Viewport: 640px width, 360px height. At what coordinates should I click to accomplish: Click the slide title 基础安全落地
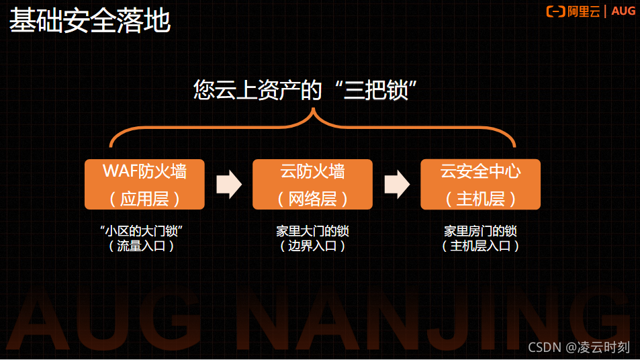click(89, 21)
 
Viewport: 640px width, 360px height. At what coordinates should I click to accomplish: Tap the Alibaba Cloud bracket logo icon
click(556, 11)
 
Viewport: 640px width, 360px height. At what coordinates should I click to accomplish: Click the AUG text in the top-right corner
click(623, 11)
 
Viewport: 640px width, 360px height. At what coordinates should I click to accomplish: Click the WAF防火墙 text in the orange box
click(144, 172)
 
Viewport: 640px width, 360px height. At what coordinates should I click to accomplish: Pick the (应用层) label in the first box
click(144, 198)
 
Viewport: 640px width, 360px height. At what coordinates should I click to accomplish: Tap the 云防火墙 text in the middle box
click(312, 172)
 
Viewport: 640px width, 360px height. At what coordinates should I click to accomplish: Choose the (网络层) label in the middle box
click(312, 198)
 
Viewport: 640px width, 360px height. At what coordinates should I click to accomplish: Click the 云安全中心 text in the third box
click(480, 172)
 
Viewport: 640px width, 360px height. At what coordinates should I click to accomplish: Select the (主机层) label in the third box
click(480, 198)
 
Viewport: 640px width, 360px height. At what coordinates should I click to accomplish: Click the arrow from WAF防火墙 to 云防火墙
click(228, 185)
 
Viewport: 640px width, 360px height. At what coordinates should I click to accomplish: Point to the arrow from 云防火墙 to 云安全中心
click(397, 185)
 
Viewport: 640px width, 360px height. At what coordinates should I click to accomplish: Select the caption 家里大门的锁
click(312, 231)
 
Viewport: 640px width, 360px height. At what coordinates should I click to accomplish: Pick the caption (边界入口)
click(312, 246)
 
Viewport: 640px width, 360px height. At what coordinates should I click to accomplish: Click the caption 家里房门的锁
click(480, 231)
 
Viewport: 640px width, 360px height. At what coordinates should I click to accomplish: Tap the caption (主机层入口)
click(480, 246)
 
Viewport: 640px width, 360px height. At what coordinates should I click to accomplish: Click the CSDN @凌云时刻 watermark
click(578, 347)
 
